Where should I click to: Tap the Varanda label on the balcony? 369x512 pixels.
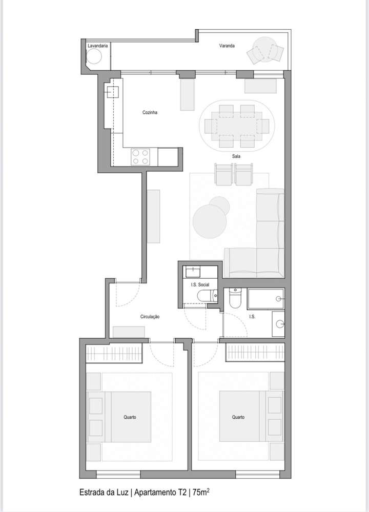tap(227, 46)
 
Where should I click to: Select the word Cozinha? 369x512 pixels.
tap(150, 112)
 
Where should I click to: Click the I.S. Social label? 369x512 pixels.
tap(199, 284)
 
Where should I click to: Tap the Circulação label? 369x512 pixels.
tap(150, 317)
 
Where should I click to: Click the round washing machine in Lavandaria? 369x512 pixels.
tap(95, 58)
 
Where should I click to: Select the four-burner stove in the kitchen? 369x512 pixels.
tap(140, 157)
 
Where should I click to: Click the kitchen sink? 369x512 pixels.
tap(112, 92)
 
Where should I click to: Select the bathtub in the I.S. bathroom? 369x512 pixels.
tap(265, 298)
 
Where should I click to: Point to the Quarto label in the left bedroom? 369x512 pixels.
tap(130, 417)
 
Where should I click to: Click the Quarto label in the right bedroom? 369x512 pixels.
tap(238, 417)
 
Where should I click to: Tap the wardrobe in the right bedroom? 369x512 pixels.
tap(255, 353)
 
